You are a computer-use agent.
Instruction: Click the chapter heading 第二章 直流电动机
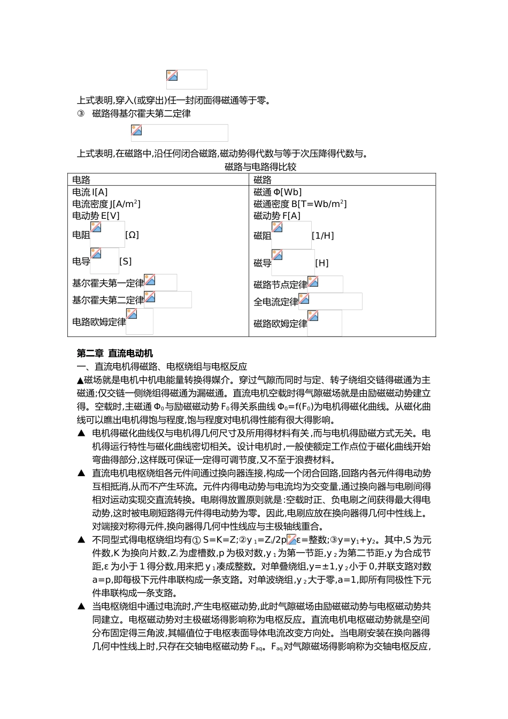point(115,353)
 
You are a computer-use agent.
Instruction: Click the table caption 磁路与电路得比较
point(260,167)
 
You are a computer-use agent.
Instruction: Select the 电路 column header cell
point(82,180)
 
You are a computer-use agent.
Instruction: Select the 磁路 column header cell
point(263,180)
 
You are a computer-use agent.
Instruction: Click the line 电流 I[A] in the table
point(90,192)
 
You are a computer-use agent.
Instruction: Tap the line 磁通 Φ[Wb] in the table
point(278,192)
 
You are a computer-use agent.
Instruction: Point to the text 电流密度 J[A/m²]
point(106,204)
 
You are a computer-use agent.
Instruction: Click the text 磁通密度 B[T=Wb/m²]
point(300,204)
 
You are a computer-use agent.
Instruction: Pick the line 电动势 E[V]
point(96,216)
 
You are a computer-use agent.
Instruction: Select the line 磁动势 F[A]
point(277,216)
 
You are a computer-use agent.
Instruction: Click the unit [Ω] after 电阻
point(132,235)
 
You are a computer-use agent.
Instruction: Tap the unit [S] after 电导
point(125,261)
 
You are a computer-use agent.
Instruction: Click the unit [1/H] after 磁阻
point(322,235)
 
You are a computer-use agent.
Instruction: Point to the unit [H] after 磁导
point(322,263)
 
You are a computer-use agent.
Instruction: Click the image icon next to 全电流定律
point(304,299)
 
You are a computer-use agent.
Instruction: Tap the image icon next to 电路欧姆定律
point(132,314)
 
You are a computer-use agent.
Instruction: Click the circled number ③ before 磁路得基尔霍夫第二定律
point(81,113)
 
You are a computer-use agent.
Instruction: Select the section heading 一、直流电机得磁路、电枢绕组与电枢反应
point(162,366)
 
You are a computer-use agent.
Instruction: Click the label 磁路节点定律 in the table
point(280,285)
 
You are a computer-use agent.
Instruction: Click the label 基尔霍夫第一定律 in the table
point(108,283)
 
